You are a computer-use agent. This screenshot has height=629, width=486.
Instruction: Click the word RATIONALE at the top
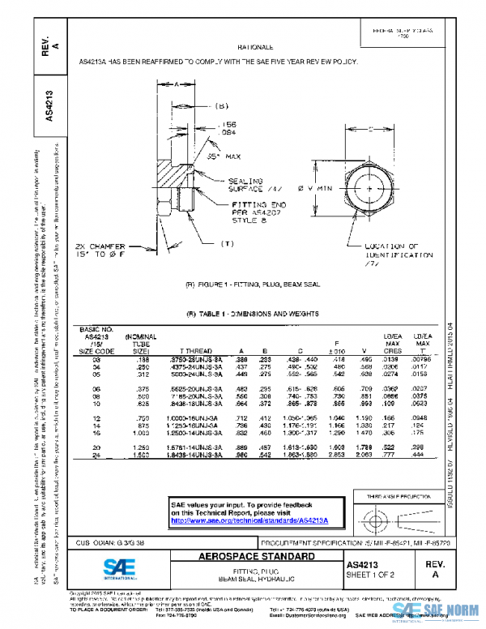(x=255, y=49)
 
